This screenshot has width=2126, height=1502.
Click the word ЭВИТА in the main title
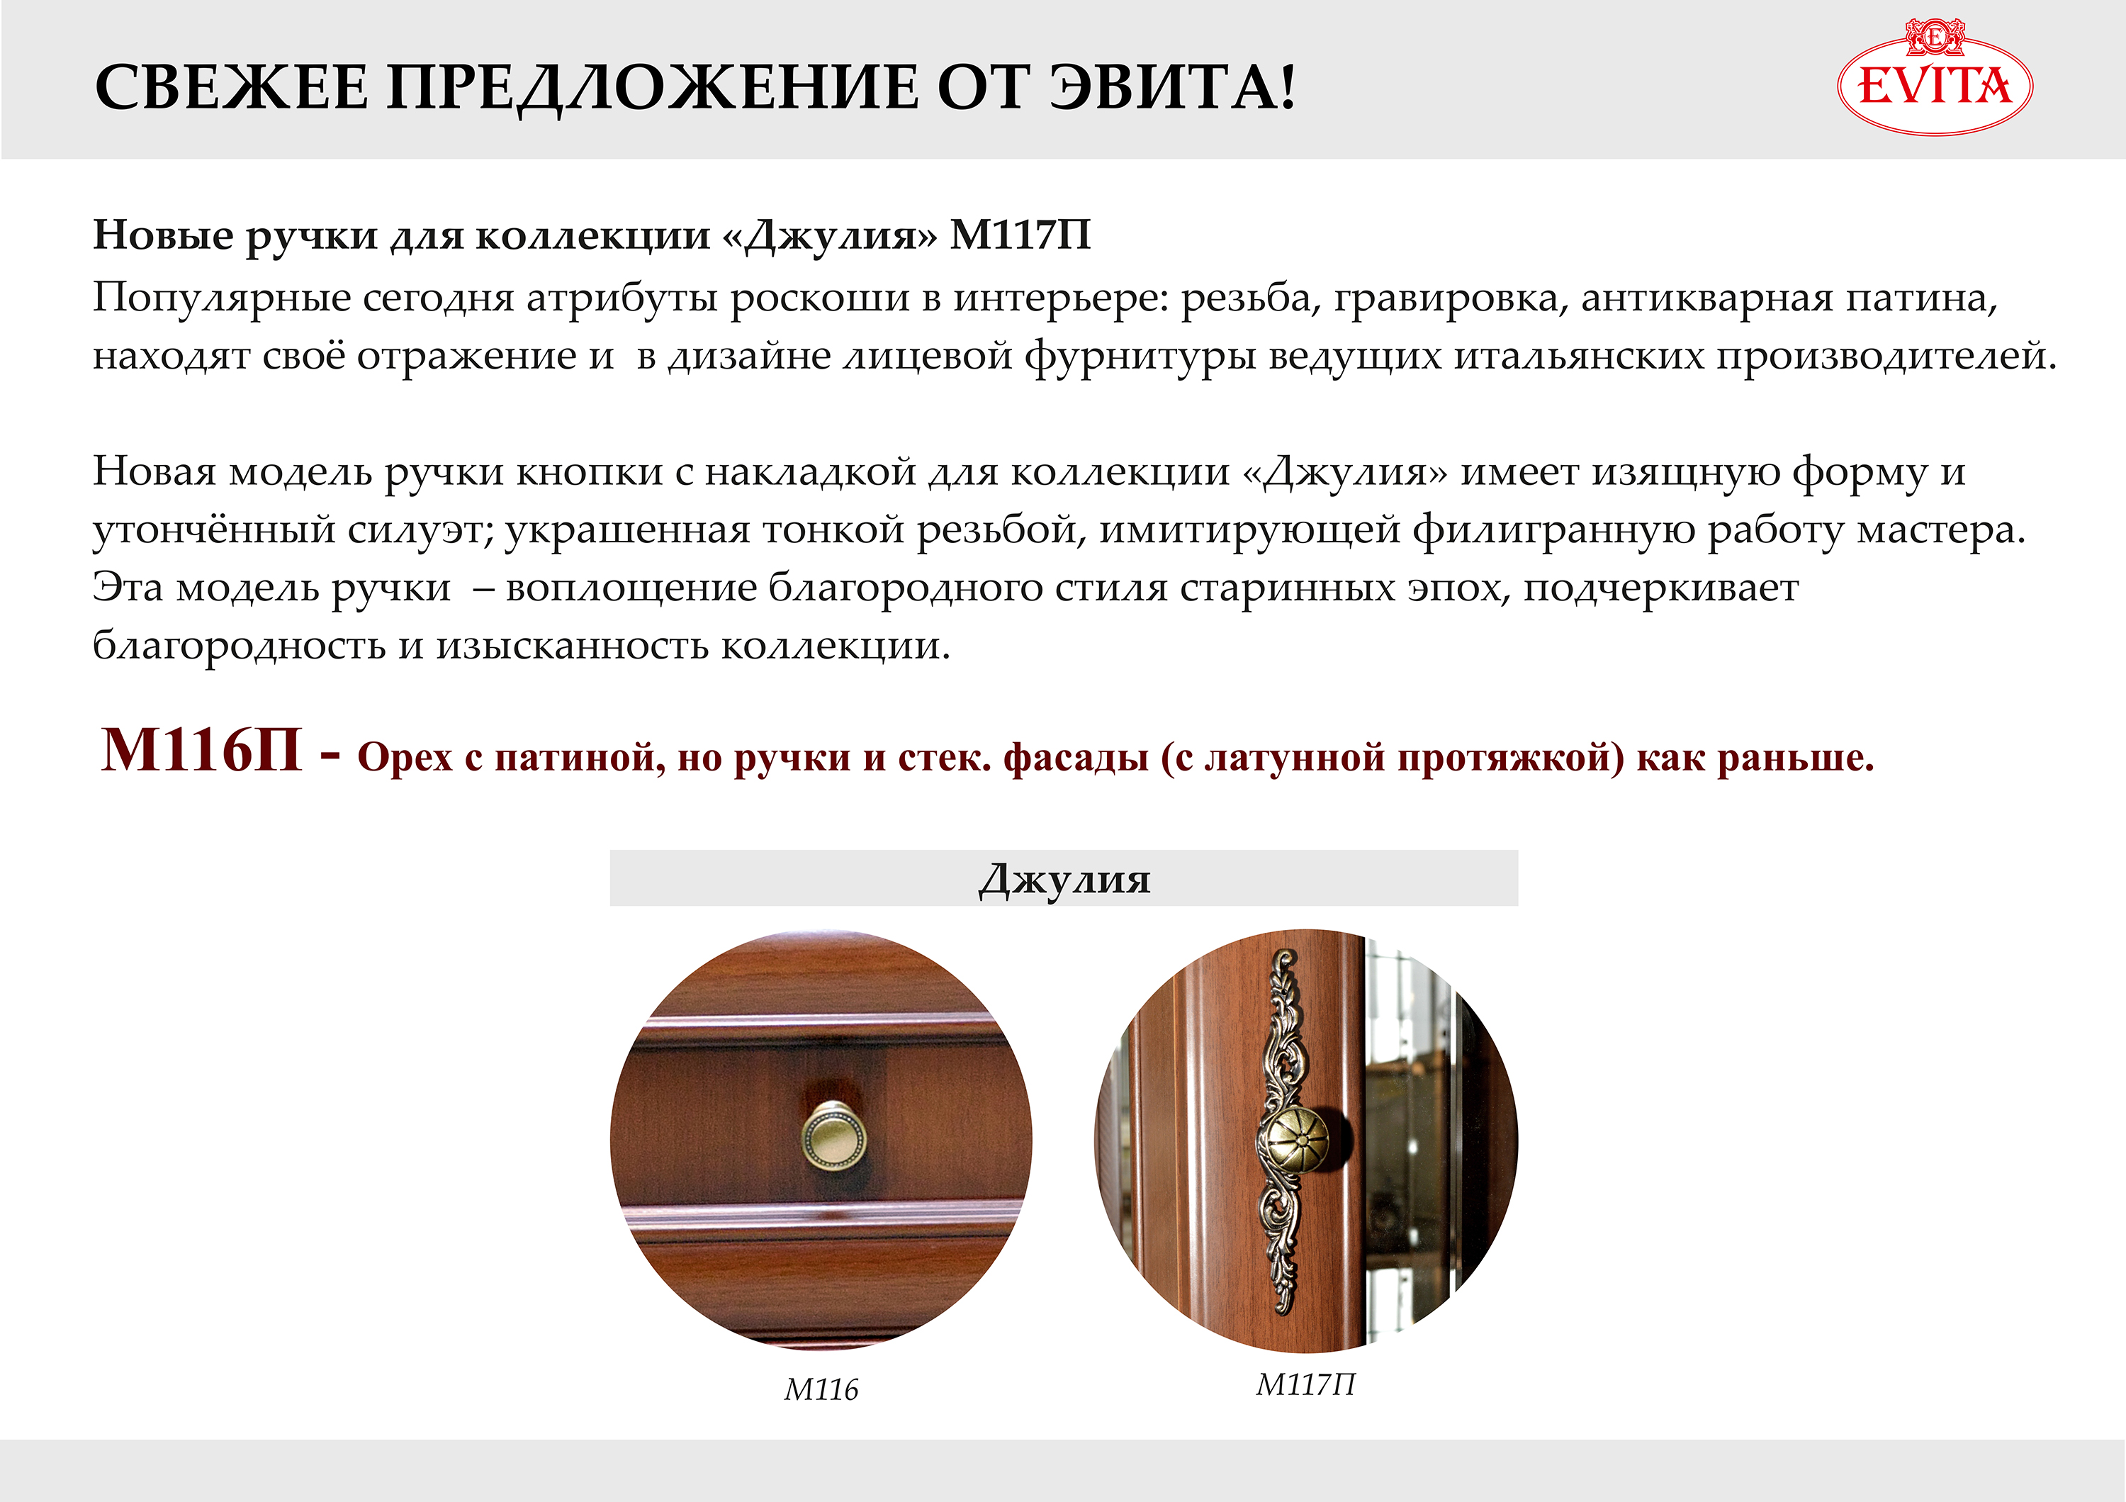point(1171,89)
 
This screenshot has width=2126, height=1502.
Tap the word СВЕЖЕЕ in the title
point(232,89)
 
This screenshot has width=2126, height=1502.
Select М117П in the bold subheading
point(1020,235)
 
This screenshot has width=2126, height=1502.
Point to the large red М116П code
point(201,749)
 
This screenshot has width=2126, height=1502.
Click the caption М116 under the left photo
point(821,1390)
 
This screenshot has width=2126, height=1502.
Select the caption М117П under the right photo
point(1305,1384)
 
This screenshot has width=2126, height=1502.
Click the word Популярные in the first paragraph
point(223,299)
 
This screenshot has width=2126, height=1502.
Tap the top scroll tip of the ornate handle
point(1283,955)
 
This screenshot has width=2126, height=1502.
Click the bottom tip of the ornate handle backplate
point(1283,1309)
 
